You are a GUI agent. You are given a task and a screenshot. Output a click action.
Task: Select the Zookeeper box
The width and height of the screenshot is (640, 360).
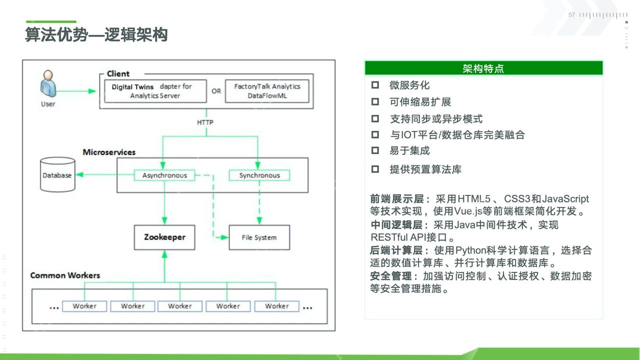164,237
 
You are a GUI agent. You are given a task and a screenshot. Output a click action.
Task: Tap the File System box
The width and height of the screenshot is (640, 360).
259,237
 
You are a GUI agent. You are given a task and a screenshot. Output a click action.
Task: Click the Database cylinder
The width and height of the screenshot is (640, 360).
57,175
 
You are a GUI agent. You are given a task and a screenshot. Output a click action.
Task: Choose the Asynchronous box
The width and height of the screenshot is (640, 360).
164,175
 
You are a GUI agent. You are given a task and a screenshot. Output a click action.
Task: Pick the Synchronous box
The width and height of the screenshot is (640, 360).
259,175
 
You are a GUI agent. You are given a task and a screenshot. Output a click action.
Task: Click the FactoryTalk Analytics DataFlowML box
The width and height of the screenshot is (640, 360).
267,90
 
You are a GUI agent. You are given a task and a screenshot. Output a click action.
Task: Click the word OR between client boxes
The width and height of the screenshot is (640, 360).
216,91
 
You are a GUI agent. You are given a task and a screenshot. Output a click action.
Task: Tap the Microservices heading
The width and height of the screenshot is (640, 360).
109,152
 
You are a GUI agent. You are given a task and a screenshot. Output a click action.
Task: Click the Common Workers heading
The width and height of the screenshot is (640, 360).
65,275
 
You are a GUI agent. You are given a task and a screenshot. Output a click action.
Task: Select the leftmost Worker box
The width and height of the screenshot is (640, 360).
84,306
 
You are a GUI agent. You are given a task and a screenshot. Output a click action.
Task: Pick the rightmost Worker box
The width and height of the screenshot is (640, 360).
276,306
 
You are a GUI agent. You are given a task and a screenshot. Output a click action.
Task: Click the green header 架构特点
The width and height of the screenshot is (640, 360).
483,68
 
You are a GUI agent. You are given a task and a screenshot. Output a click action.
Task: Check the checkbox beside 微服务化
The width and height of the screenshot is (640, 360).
375,85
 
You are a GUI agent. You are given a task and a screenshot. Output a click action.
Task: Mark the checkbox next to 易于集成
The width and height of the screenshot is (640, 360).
375,150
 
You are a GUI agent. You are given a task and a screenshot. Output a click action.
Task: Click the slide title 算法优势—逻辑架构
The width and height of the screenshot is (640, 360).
96,35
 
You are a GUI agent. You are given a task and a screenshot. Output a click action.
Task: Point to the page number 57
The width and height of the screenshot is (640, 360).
571,15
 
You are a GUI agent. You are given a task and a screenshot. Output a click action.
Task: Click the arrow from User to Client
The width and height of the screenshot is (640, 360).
77,91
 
